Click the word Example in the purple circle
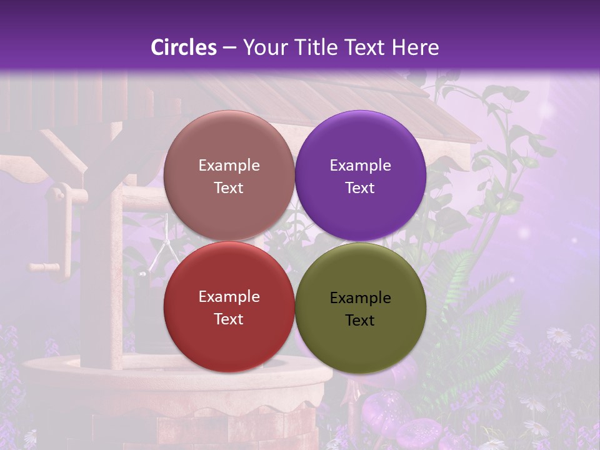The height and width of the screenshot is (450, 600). coord(360,166)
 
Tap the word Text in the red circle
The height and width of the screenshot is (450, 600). coord(229,319)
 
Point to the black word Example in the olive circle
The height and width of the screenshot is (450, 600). coord(360,298)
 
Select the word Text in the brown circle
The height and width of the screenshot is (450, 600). coord(229,187)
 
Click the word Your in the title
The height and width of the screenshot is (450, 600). coord(262,47)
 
